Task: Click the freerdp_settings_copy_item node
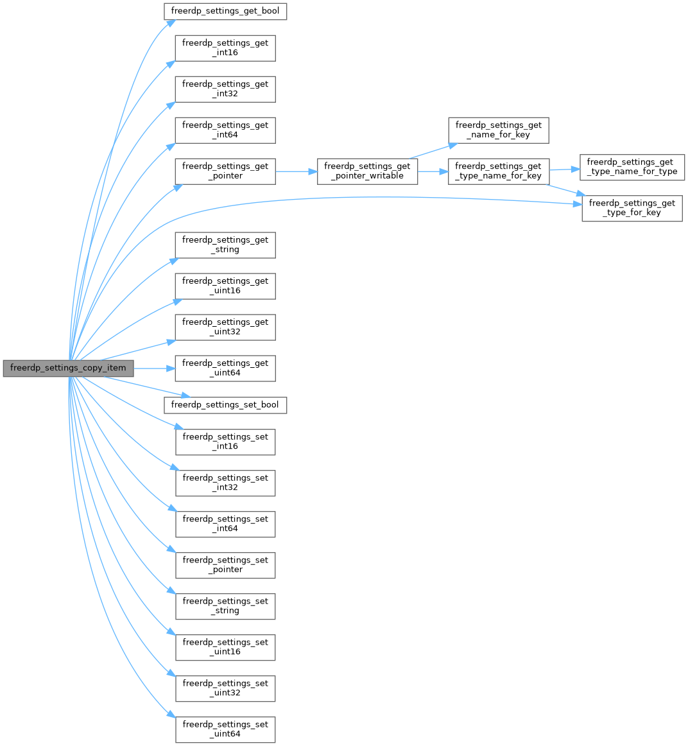tap(68, 369)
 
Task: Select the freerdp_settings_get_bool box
tap(225, 12)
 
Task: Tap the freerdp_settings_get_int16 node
tap(225, 48)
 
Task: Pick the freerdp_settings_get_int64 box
tap(225, 130)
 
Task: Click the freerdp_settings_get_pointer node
tap(225, 171)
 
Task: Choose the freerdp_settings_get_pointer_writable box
tap(367, 171)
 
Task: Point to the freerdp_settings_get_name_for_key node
tap(499, 130)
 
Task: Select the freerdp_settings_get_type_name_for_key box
tap(499, 171)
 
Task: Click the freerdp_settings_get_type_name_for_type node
tap(632, 168)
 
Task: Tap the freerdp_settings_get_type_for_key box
tap(632, 209)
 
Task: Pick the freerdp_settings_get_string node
tap(225, 245)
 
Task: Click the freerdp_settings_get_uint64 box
tap(225, 369)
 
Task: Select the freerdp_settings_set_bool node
tap(225, 405)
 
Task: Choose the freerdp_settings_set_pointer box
tap(225, 565)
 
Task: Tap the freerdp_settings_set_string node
tap(225, 606)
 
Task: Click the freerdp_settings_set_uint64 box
tap(225, 729)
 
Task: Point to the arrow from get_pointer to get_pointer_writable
tap(296, 171)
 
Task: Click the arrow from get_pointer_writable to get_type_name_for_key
tap(433, 171)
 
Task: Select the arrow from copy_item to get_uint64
tap(154, 369)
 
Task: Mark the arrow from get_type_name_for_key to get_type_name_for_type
tap(564, 169)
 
